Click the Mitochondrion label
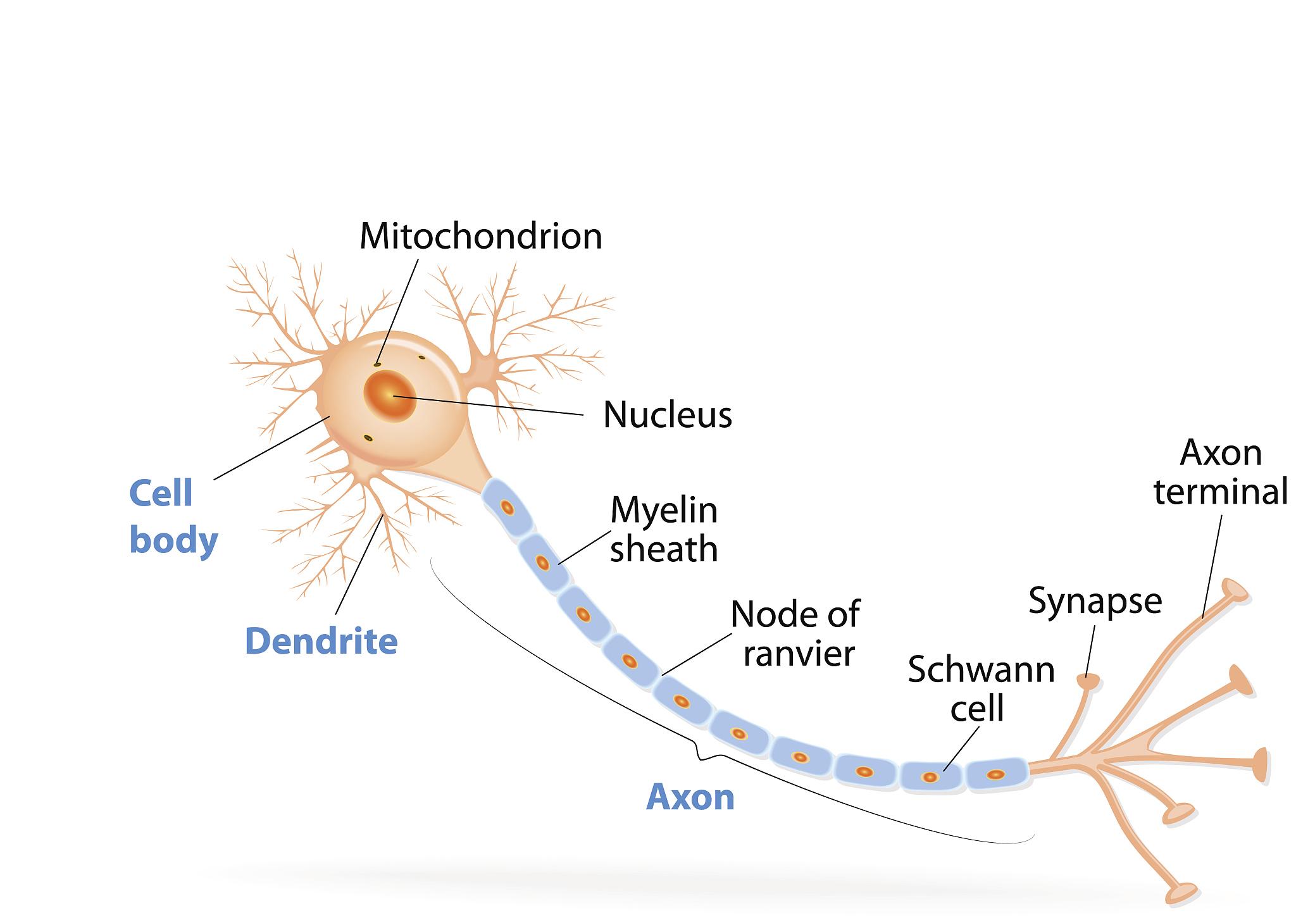point(481,237)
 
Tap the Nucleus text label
point(668,415)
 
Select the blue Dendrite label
point(321,641)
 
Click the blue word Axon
point(690,797)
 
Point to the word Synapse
point(1095,601)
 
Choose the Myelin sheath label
point(664,529)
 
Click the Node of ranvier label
point(796,633)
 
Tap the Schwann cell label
point(981,688)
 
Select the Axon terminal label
point(1221,472)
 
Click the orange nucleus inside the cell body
point(390,396)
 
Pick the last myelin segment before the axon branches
point(996,774)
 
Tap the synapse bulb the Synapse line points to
point(1088,682)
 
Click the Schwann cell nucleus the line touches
point(930,777)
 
